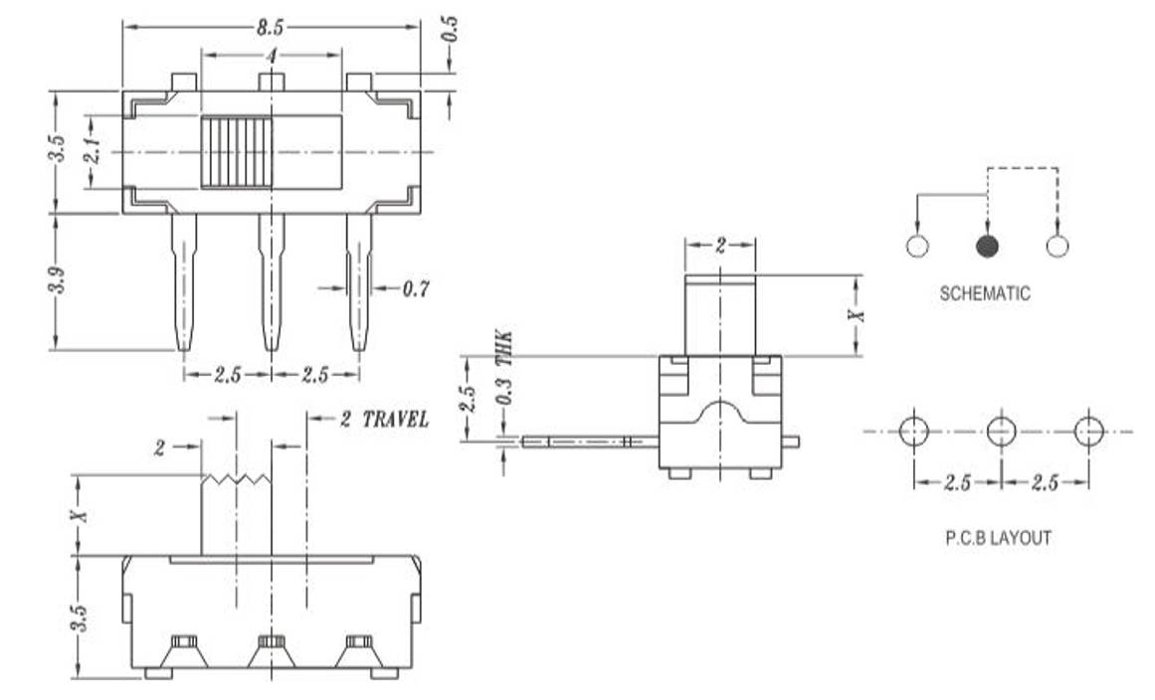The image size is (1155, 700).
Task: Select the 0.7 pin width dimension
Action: tap(416, 289)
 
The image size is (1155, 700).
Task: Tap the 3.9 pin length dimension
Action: tap(59, 281)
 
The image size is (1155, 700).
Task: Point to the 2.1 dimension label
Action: tap(90, 152)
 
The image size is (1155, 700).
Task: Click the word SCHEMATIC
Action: tap(985, 294)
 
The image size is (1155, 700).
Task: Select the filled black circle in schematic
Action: tap(987, 247)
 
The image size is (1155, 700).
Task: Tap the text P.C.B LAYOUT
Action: tap(997, 538)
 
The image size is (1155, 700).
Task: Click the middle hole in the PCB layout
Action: tap(1001, 432)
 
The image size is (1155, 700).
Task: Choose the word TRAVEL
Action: tap(395, 419)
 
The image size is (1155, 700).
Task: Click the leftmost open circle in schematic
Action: tap(917, 247)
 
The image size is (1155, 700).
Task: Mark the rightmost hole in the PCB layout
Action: tap(1089, 432)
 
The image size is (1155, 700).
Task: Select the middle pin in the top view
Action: tap(271, 281)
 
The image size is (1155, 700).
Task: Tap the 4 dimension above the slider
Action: tap(270, 57)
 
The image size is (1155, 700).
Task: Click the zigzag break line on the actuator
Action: tap(237, 480)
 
